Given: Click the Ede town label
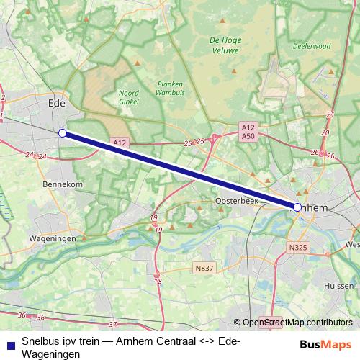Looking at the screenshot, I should pos(55,103).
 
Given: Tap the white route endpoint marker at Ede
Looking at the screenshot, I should pos(63,133).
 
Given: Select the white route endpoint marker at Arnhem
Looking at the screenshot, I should pos(297,207).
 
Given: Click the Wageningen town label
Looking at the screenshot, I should pos(53,238).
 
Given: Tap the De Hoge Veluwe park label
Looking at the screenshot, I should pos(225,46).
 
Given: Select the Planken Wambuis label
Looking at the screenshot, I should pos(169,88).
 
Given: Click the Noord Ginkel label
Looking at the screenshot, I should pos(128,97).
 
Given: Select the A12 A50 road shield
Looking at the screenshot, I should pos(248,131).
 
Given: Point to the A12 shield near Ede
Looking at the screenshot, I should pos(120,143).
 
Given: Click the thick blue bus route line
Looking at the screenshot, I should pos(180,170).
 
